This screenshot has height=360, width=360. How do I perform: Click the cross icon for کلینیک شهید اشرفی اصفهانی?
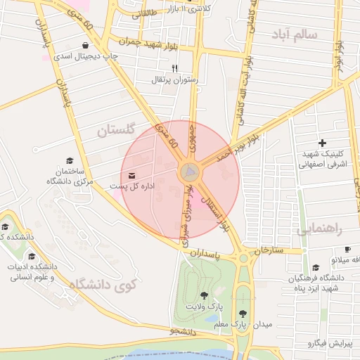click(322, 143)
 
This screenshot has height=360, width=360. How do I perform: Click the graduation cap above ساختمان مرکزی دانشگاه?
click(69, 161)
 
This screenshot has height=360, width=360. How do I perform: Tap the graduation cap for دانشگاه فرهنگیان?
click(316, 268)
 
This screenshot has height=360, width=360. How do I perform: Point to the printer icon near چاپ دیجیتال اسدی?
click(86, 46)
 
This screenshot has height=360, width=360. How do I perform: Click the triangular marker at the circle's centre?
click(190, 172)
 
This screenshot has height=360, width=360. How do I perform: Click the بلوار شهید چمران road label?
click(160, 43)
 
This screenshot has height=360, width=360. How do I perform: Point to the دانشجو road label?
click(184, 329)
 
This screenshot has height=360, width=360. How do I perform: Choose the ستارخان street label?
click(268, 250)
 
